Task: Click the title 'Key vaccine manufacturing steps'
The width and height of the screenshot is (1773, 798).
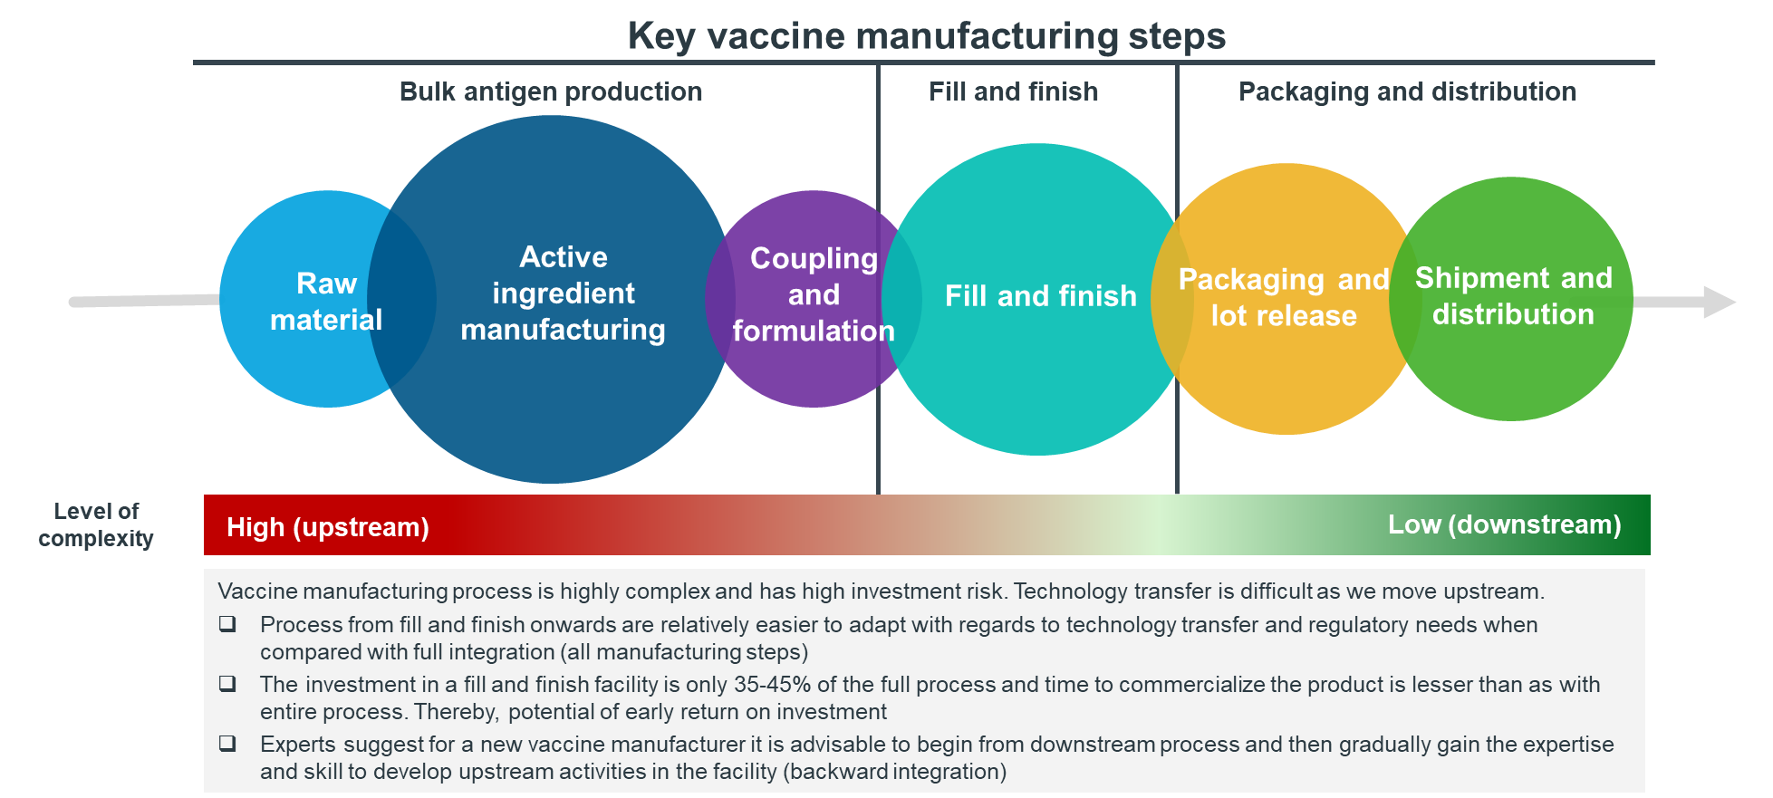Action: (926, 36)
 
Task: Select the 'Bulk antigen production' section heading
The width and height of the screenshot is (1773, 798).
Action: (551, 91)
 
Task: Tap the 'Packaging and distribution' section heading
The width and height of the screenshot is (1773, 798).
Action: (1407, 91)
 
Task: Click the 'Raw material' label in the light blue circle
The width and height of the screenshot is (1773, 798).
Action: (326, 301)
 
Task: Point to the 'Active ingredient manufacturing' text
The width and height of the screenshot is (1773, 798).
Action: (563, 293)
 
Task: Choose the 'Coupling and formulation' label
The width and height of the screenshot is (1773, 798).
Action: (814, 294)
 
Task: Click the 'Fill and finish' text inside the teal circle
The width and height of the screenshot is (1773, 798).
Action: (1040, 296)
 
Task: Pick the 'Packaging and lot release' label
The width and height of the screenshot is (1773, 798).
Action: (1284, 297)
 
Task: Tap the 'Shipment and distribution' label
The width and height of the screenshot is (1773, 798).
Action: (1513, 295)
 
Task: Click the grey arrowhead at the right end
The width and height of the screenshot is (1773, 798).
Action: (1719, 302)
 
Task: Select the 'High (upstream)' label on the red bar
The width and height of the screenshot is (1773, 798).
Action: (328, 527)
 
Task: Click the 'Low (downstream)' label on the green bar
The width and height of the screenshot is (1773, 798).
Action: (1505, 524)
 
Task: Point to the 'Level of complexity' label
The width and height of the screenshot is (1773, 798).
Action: (96, 524)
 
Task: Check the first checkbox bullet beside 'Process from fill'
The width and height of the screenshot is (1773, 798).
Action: (227, 624)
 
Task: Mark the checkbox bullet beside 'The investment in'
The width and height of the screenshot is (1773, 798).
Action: (227, 684)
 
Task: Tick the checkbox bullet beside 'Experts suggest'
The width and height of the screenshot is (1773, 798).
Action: (227, 744)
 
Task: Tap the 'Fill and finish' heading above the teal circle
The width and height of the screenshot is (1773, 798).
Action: (1013, 91)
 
